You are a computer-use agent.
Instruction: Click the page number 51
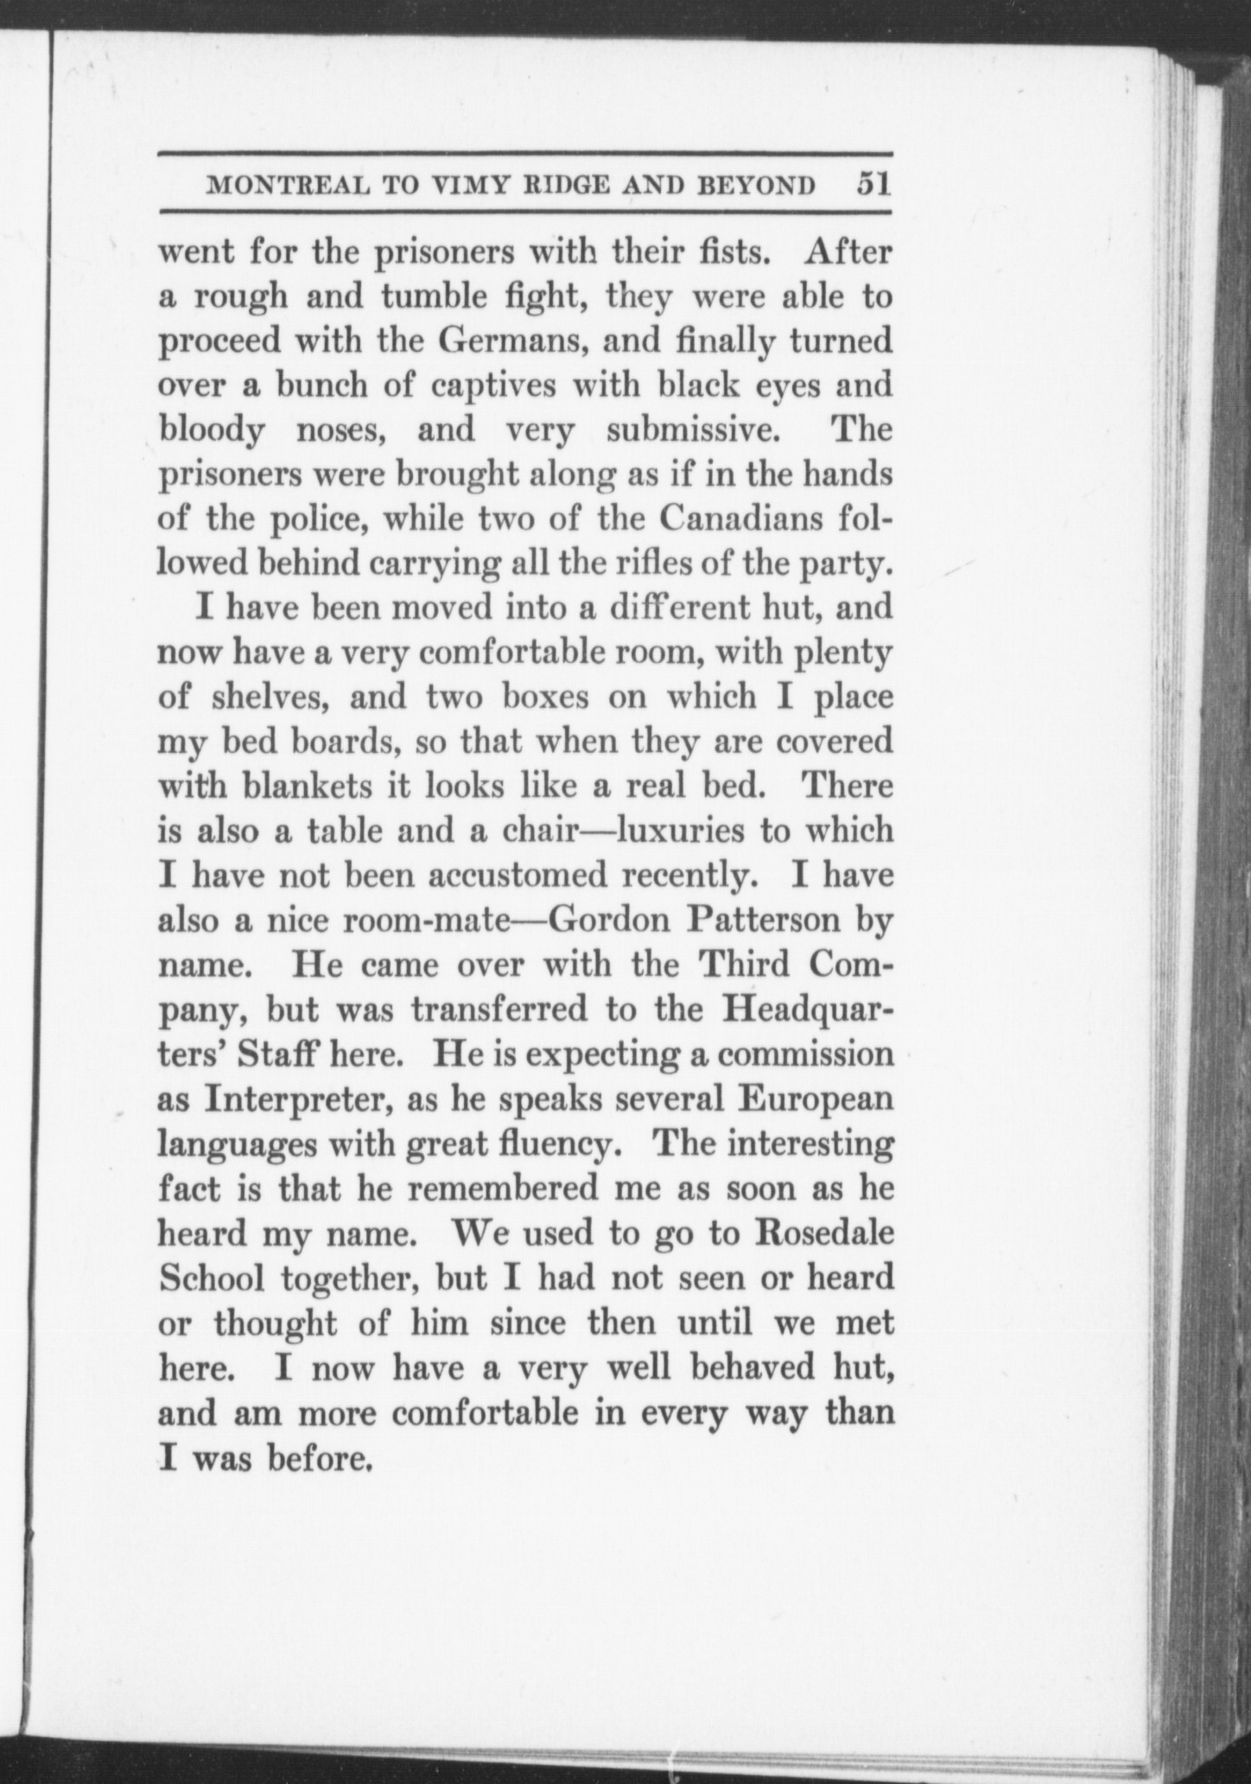coord(873,185)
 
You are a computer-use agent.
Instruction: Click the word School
coord(212,1278)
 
